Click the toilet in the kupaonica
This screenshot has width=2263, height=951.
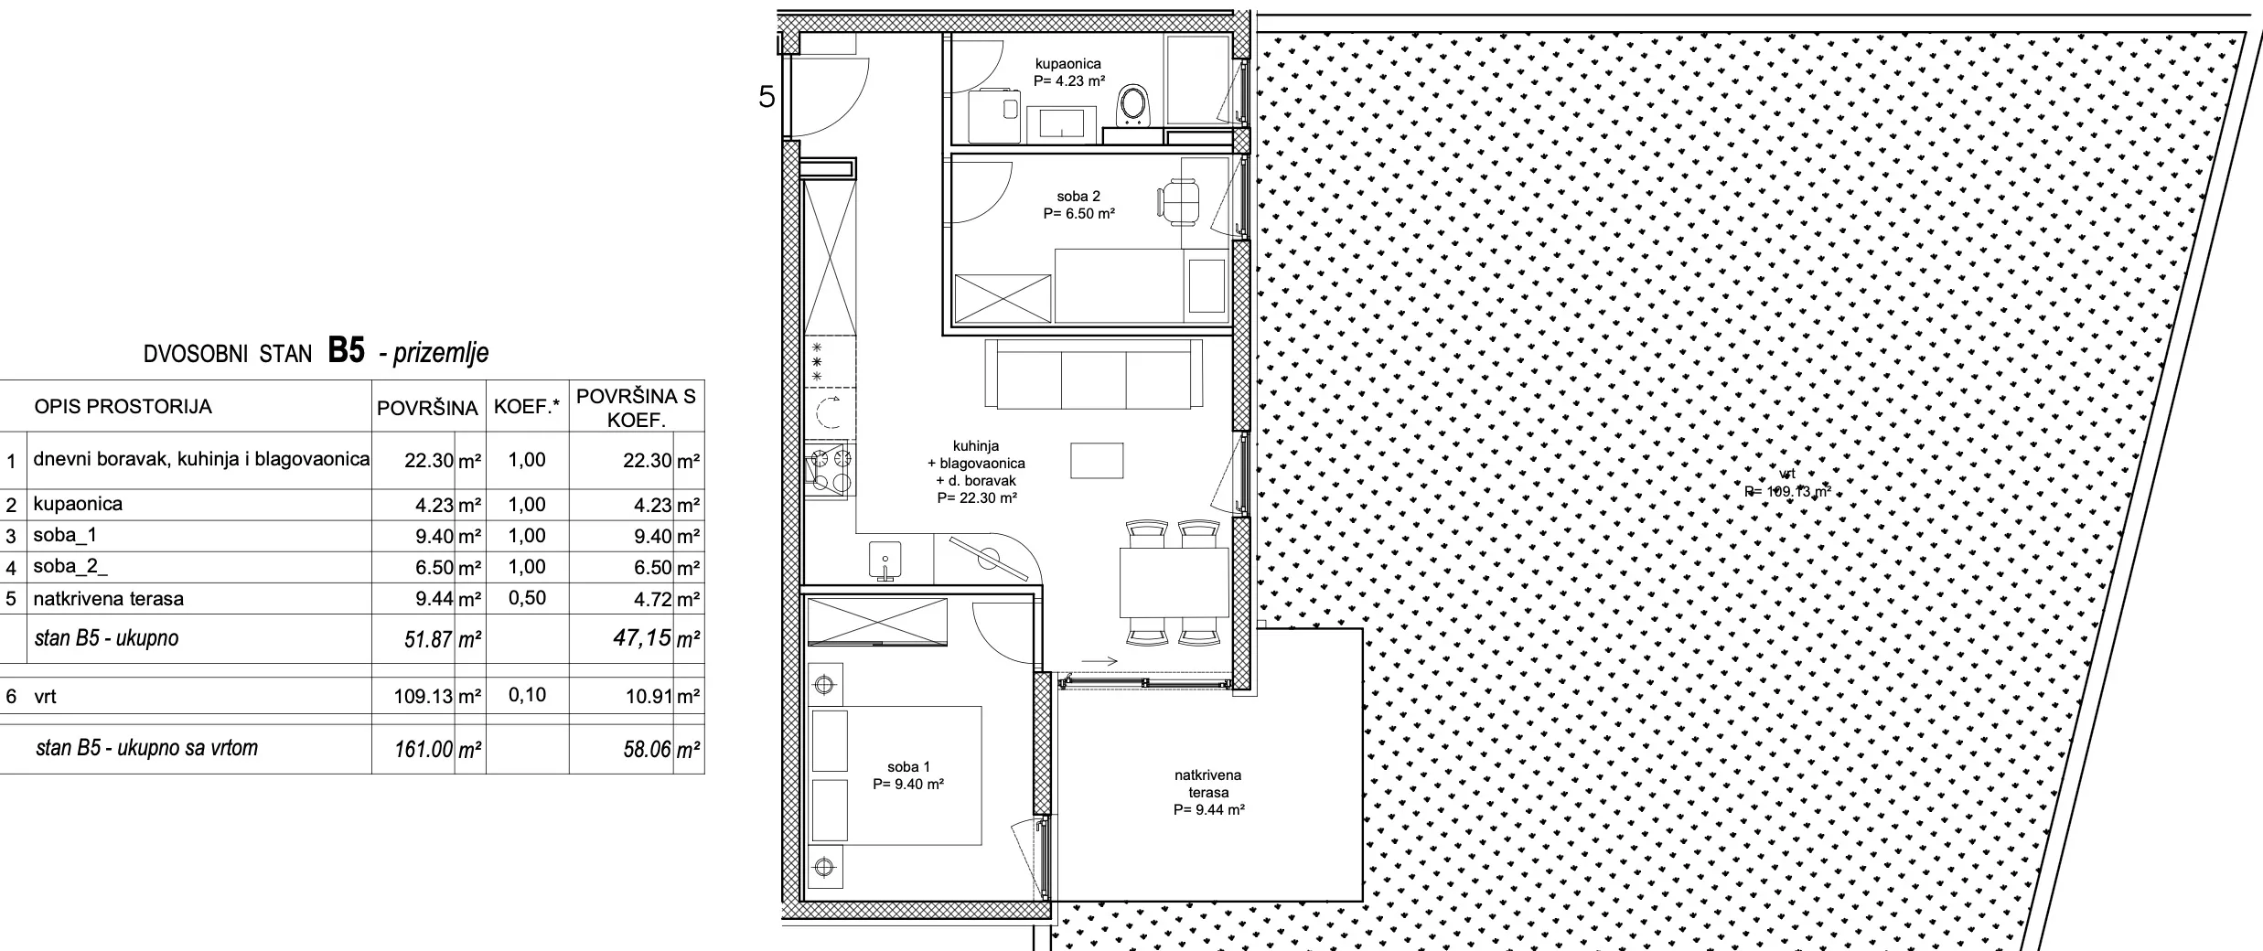click(x=1135, y=107)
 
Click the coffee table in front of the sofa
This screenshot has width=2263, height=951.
click(x=1097, y=460)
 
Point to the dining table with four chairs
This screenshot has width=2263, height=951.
click(x=1174, y=582)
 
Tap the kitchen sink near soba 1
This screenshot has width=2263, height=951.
click(x=883, y=561)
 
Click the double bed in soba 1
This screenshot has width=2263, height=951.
click(x=896, y=775)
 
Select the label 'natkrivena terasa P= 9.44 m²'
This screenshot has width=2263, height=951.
click(x=1208, y=792)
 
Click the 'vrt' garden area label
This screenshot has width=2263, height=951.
click(x=1787, y=483)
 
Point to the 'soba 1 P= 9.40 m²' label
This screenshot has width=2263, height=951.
click(x=908, y=775)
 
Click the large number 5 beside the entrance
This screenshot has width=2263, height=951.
click(x=767, y=97)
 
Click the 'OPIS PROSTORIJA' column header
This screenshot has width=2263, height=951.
click(x=123, y=407)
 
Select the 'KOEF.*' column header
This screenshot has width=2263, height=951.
click(x=526, y=407)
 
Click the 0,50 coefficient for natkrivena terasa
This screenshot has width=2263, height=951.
click(x=527, y=598)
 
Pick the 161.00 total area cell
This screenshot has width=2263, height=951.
click(x=424, y=749)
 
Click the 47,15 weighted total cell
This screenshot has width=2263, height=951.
click(x=642, y=637)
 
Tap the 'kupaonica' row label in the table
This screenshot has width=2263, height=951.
click(x=78, y=505)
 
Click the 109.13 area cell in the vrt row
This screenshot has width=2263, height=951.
click(x=424, y=697)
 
